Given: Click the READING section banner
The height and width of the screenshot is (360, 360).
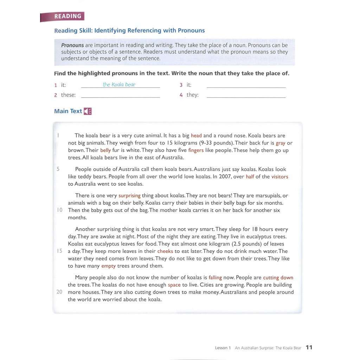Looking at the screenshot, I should click(x=63, y=16).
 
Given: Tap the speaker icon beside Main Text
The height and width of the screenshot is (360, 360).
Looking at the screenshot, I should click(x=88, y=111).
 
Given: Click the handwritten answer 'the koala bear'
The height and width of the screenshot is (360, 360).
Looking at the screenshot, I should click(x=119, y=85).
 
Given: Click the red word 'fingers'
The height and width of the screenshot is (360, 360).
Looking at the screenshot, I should click(x=196, y=150).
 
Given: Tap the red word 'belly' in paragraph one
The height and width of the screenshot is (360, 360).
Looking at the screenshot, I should click(x=105, y=150).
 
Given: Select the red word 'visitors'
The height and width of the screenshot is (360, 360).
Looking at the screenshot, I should click(x=279, y=177).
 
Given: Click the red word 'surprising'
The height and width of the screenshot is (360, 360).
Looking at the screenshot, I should click(x=129, y=196).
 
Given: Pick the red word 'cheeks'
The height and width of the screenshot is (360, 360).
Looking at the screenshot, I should click(x=165, y=251).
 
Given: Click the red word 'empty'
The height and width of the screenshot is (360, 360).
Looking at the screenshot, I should click(x=108, y=266).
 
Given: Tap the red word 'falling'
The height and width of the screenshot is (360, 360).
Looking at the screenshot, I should click(x=215, y=278).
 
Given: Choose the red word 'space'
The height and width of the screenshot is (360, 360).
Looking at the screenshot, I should click(x=174, y=285).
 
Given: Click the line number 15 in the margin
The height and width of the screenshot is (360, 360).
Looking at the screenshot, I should click(x=59, y=251).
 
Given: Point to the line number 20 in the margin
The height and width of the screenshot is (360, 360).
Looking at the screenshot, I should click(x=59, y=292).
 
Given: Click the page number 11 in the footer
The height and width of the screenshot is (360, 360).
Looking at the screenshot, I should click(x=309, y=347).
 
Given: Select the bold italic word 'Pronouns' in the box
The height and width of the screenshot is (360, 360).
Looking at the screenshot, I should click(x=72, y=45).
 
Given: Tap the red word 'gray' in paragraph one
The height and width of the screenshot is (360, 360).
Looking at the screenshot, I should click(x=281, y=143).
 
